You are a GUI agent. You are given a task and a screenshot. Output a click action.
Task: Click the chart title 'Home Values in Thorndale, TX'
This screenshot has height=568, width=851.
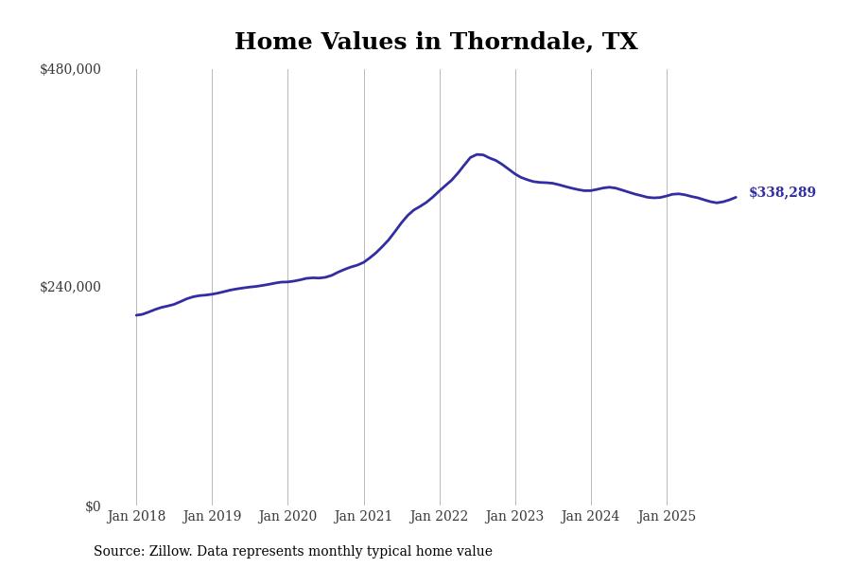[436, 42]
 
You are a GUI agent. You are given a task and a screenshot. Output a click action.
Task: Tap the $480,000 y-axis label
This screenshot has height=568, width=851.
[70, 69]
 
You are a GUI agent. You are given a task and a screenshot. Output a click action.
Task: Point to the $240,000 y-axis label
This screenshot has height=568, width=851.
[70, 287]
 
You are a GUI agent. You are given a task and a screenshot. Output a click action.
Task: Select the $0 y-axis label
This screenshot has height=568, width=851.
[93, 506]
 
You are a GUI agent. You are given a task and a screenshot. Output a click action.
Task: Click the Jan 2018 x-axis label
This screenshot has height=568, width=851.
[136, 517]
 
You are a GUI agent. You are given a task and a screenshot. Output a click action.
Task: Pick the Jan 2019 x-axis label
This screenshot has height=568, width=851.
[212, 517]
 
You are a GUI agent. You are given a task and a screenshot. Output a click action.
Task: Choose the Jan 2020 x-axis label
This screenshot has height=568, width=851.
[287, 517]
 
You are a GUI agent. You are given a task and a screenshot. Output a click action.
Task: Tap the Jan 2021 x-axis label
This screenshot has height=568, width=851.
[364, 517]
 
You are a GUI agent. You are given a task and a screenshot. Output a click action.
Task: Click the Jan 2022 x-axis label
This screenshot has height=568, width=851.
[440, 517]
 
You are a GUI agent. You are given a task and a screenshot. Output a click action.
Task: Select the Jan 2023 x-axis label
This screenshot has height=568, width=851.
[515, 517]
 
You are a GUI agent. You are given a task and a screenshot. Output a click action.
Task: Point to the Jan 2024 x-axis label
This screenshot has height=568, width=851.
[591, 517]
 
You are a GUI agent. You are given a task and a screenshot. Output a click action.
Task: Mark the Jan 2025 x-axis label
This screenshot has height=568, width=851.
[667, 517]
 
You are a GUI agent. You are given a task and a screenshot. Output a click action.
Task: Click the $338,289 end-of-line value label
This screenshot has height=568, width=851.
[782, 193]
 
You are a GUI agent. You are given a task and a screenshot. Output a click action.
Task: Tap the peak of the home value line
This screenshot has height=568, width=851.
[478, 154]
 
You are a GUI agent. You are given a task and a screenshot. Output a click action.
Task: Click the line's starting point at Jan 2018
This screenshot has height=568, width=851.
[136, 315]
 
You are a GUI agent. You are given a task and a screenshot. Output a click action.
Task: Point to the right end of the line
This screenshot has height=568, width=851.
[736, 197]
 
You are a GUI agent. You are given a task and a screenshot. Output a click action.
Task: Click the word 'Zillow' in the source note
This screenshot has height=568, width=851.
[171, 552]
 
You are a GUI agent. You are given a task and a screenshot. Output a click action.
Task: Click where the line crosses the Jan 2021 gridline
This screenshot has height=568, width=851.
[364, 261]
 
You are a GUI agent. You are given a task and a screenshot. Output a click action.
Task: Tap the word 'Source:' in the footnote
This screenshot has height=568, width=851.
[119, 552]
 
